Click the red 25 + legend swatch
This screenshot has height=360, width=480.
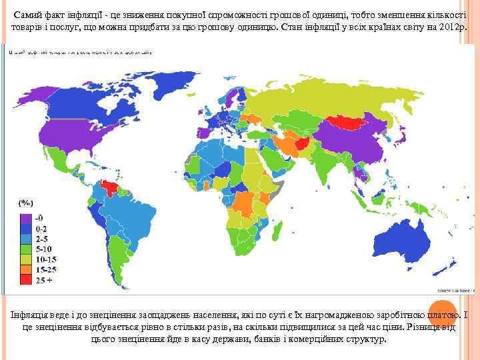[26, 281]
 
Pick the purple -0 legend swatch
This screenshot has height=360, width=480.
[26, 217]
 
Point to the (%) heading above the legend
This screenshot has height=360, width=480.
[26, 202]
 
